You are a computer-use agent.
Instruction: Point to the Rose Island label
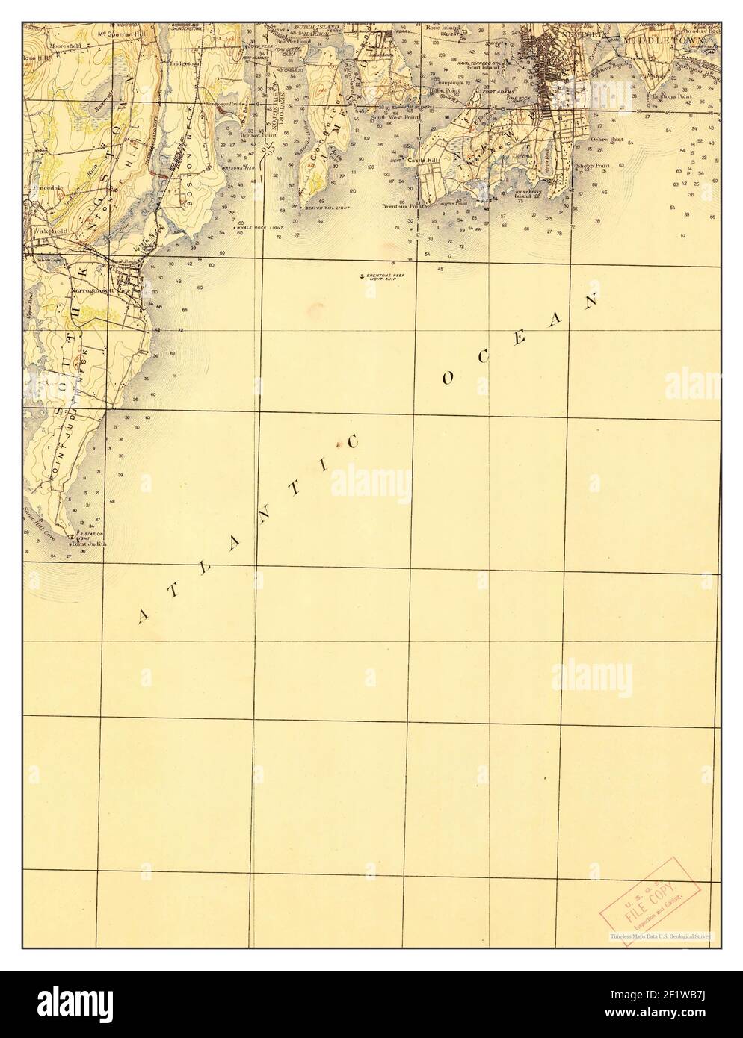click(442, 7)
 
